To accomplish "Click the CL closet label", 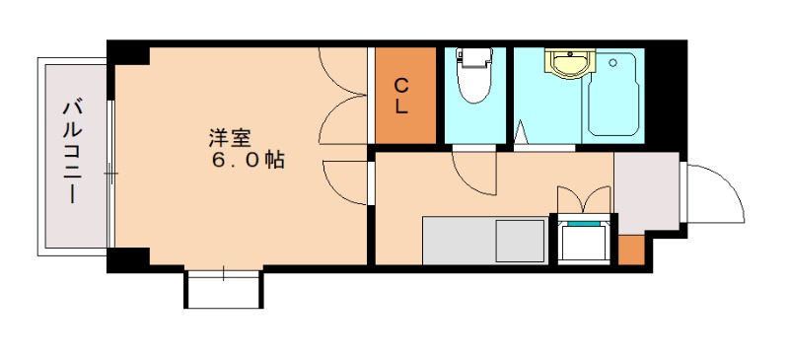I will tap(401, 96).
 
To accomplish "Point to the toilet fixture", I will tap(474, 76).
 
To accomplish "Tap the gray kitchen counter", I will tap(460, 240).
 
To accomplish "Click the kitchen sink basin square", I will tap(519, 240).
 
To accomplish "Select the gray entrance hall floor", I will tap(646, 192).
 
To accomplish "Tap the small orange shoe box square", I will tap(631, 252).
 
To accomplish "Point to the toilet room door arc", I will tap(473, 170).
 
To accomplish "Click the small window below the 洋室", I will tap(224, 288).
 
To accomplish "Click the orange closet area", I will tap(401, 118).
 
